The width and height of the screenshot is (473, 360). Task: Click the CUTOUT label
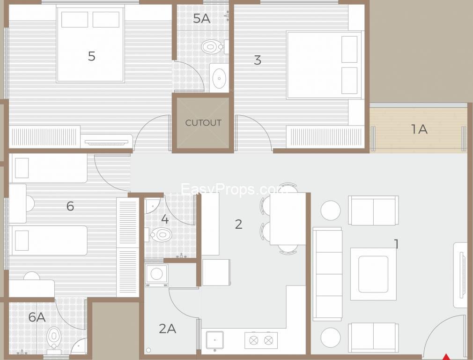pos(203,123)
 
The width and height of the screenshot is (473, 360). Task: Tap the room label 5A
pos(201,19)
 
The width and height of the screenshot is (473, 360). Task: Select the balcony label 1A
pos(419,129)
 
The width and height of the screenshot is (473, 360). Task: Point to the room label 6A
pos(37,317)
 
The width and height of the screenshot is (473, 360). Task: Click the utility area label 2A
pos(167,329)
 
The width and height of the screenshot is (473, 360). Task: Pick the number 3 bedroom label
pos(257,60)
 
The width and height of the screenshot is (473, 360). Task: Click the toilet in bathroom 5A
pos(212,46)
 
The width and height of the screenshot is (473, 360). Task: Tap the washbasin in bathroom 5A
pos(219,77)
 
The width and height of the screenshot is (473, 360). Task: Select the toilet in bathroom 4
pos(161,234)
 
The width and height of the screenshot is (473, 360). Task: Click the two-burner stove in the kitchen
pos(261,340)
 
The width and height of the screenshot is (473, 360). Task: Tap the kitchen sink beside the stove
pos(214,340)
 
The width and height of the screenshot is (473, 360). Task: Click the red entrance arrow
pos(447,356)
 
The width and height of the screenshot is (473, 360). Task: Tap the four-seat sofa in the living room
pos(327,274)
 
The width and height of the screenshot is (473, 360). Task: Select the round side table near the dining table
pos(331,210)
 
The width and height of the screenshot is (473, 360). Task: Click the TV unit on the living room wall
pos(460,275)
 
